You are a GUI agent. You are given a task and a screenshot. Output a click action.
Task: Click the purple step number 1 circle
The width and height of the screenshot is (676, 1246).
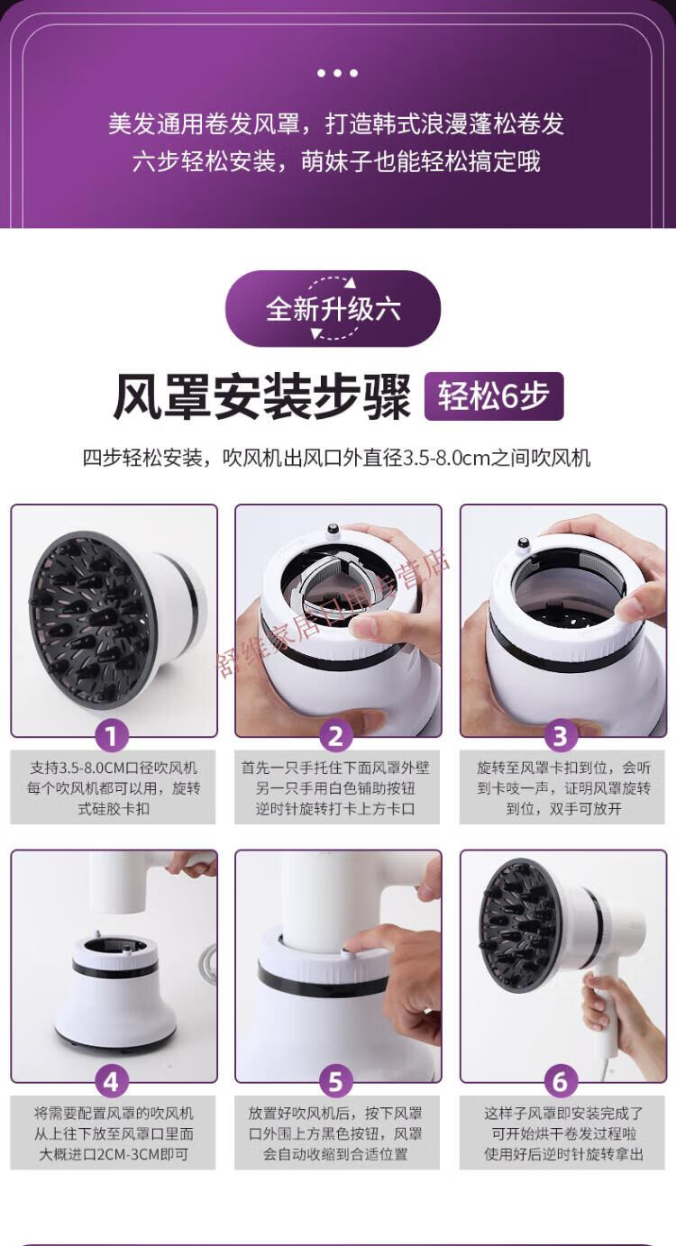pyautogui.click(x=111, y=736)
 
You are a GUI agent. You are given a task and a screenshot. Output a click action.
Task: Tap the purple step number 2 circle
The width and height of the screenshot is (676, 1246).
pyautogui.click(x=336, y=736)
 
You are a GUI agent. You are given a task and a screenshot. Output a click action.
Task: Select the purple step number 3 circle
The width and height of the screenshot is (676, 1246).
pyautogui.click(x=561, y=736)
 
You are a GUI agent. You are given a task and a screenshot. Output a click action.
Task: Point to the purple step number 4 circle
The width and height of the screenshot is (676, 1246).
pyautogui.click(x=111, y=1082)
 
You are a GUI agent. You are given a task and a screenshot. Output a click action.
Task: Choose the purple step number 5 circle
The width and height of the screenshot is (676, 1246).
pyautogui.click(x=336, y=1082)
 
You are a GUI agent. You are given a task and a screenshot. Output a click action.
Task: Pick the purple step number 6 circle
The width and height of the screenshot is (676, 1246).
pyautogui.click(x=561, y=1082)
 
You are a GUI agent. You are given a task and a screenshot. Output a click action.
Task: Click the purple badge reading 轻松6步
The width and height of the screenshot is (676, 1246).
pyautogui.click(x=494, y=396)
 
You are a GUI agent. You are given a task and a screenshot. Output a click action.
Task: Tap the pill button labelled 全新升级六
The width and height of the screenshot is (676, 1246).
pyautogui.click(x=333, y=309)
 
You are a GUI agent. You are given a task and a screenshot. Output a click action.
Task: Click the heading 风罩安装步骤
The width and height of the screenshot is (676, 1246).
pyautogui.click(x=262, y=397)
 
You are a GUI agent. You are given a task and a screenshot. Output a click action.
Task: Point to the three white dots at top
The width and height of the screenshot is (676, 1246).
pyautogui.click(x=337, y=73)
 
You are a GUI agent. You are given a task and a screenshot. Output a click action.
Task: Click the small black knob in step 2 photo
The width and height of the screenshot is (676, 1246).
pyautogui.click(x=333, y=529)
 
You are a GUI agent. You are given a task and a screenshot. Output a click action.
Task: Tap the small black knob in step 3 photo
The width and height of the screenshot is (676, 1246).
pyautogui.click(x=523, y=542)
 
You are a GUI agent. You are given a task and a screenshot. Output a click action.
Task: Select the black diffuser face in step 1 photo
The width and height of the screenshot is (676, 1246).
pyautogui.click(x=91, y=619)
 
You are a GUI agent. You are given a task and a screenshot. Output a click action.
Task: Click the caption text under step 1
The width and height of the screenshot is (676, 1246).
pyautogui.click(x=114, y=788)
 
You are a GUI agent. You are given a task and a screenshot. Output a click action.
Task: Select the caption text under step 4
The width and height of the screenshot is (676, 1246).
pyautogui.click(x=114, y=1133)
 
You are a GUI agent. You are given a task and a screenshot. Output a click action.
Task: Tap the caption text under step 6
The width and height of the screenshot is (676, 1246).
pyautogui.click(x=563, y=1133)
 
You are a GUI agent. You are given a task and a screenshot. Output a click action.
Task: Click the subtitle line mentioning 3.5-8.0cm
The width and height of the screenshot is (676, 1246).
pyautogui.click(x=336, y=458)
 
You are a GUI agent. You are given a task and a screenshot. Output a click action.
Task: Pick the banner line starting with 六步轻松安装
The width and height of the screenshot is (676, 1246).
pyautogui.click(x=336, y=161)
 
